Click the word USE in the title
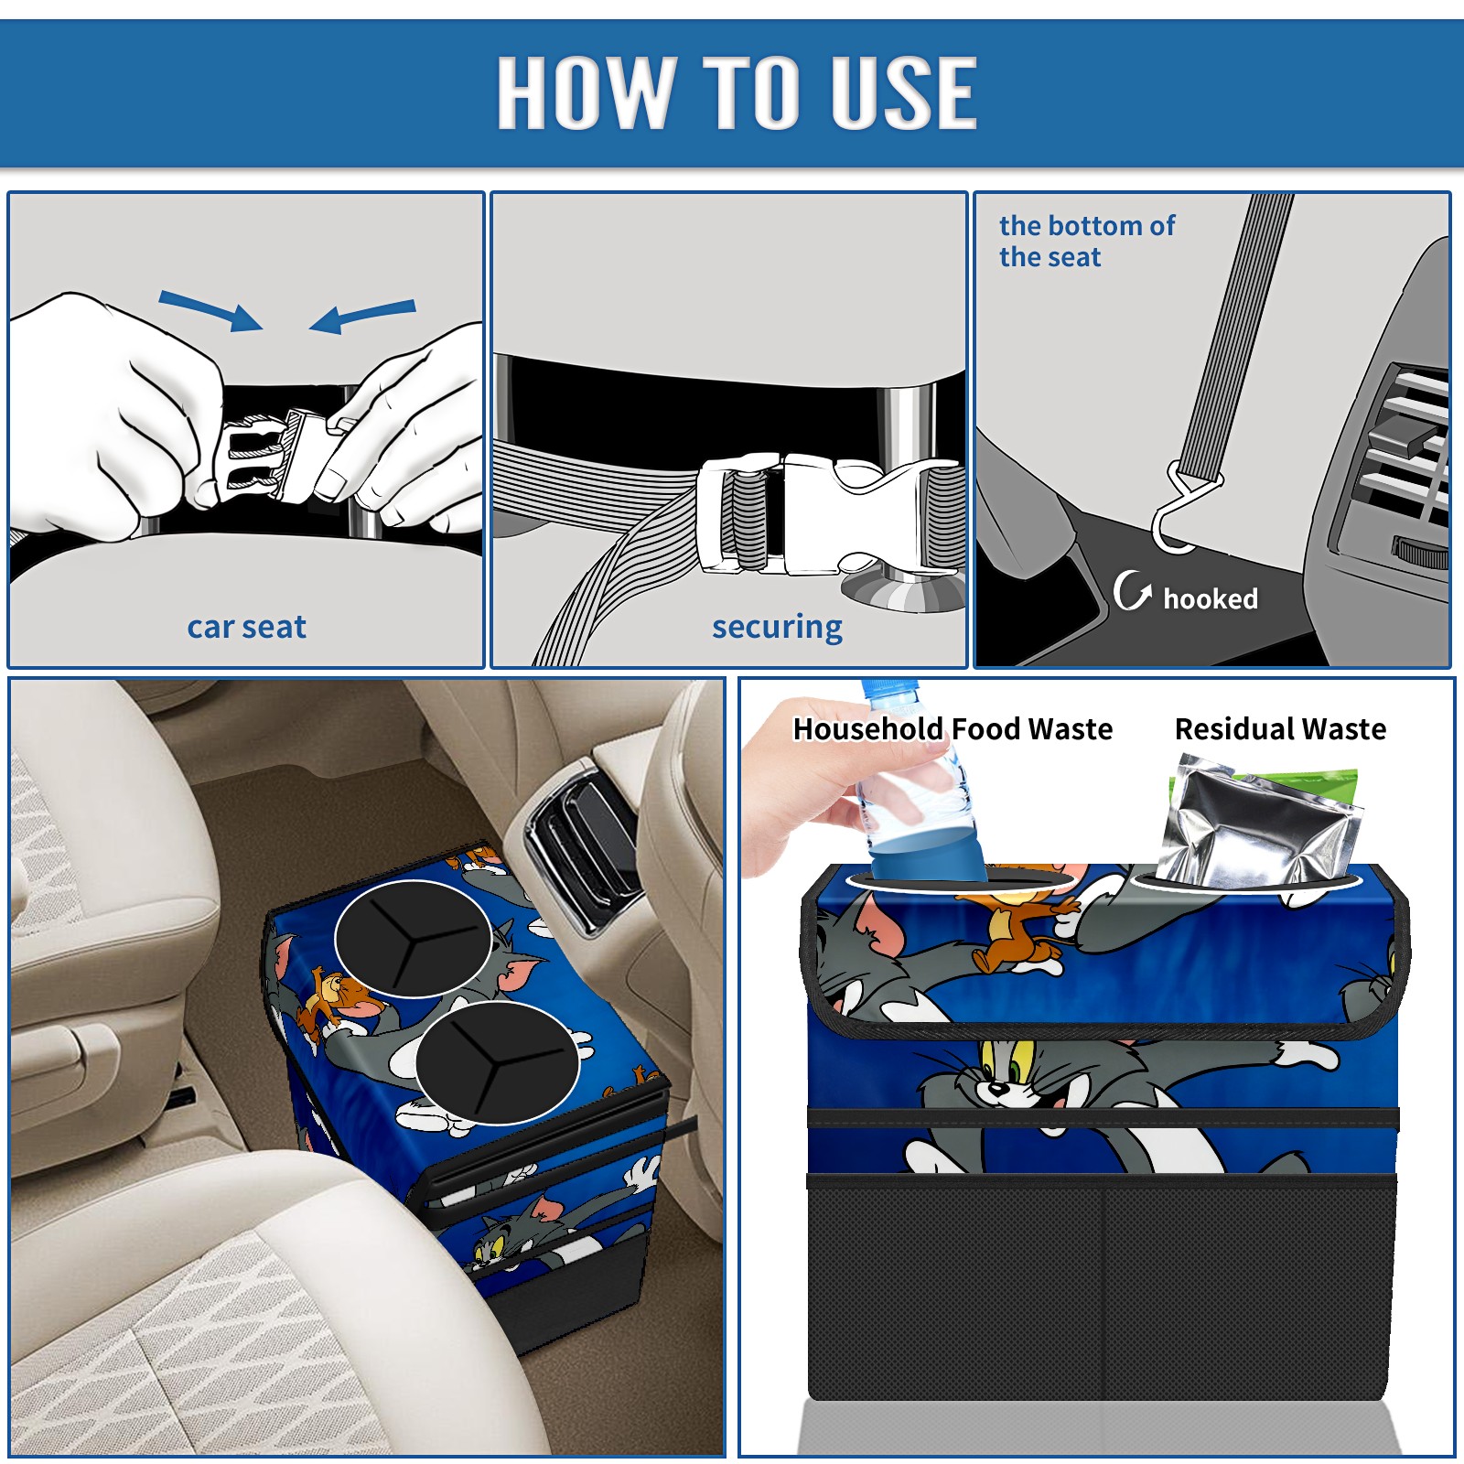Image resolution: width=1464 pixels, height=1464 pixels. pyautogui.click(x=903, y=92)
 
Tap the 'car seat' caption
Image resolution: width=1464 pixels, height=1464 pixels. pyautogui.click(x=247, y=627)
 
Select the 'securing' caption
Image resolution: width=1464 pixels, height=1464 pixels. pyautogui.click(x=777, y=627)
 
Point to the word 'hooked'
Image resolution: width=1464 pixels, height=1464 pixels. pyautogui.click(x=1211, y=598)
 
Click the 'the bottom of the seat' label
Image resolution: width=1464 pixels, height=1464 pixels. pyautogui.click(x=1086, y=242)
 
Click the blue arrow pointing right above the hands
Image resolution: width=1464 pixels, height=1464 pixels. pyautogui.click(x=210, y=310)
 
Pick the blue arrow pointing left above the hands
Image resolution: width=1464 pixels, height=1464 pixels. pyautogui.click(x=362, y=316)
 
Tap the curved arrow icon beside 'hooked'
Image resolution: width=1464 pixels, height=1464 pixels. pyautogui.click(x=1131, y=590)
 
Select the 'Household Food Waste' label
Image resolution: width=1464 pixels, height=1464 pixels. pyautogui.click(x=953, y=728)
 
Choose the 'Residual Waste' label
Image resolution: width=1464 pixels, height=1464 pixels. pyautogui.click(x=1280, y=728)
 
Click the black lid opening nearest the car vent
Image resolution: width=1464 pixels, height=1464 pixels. pyautogui.click(x=414, y=938)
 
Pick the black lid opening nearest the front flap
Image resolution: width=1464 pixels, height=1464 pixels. pyautogui.click(x=497, y=1061)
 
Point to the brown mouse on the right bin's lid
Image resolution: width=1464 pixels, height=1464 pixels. pyautogui.click(x=1016, y=924)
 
